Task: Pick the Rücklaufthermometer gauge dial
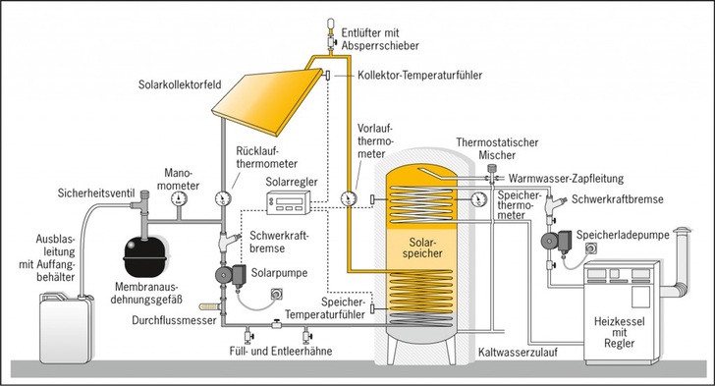click(226, 197)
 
